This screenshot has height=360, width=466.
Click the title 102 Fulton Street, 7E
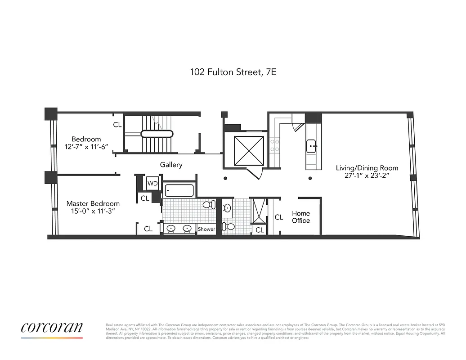coord(233,72)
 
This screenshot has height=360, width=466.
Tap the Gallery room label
coord(171,165)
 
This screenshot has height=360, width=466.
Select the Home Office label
coord(301,217)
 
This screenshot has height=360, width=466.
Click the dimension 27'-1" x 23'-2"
coord(367,176)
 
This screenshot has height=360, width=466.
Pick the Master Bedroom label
coord(93,203)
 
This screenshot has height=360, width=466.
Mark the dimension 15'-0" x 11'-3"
coord(93,212)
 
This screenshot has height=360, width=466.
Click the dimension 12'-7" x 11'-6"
coord(86,147)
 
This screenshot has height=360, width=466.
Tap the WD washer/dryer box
coord(152,183)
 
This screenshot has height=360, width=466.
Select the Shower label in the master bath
coord(206,229)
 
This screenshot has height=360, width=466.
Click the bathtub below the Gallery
coord(179,191)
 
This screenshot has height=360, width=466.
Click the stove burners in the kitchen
coord(274,145)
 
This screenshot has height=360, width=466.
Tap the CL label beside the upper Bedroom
coord(117,125)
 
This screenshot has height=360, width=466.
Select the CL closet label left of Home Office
coord(279,217)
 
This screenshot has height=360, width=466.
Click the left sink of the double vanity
coord(171,229)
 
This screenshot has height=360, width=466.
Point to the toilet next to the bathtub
coord(208,205)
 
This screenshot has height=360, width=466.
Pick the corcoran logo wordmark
coord(52,327)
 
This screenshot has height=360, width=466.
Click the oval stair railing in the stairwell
coord(157,133)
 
